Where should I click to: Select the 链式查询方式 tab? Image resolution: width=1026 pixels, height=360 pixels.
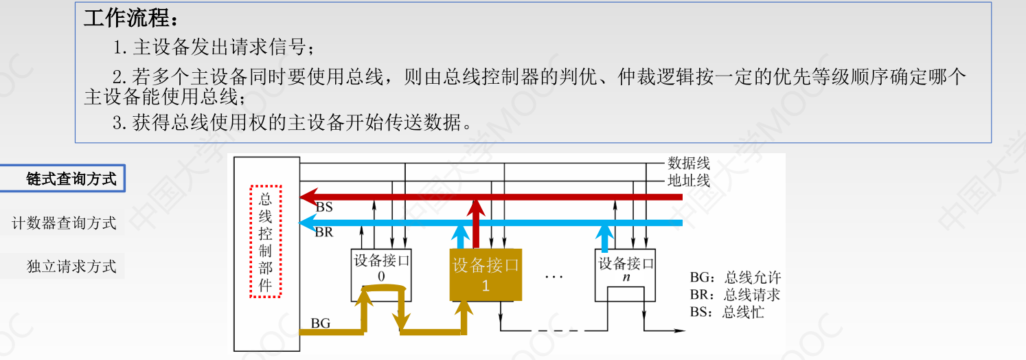click(x=71, y=179)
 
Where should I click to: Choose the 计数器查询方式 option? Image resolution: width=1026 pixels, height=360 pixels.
click(x=65, y=223)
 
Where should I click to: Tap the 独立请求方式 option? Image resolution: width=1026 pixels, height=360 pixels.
click(x=71, y=267)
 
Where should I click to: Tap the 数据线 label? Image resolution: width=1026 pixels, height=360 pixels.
click(x=689, y=164)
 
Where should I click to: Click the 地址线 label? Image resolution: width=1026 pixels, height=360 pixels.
click(x=689, y=181)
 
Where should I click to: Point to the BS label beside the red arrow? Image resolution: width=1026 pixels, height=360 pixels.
click(x=324, y=207)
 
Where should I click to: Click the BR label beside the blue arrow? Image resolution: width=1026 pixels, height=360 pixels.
click(x=324, y=232)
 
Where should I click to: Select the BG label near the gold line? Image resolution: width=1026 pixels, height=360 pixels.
click(x=321, y=322)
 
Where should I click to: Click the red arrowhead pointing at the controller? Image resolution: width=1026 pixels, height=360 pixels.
click(x=309, y=197)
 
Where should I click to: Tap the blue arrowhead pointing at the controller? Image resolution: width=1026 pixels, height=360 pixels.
click(x=309, y=223)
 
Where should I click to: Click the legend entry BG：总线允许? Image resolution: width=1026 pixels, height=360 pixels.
click(x=736, y=278)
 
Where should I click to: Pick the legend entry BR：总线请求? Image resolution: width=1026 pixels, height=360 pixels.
click(x=736, y=295)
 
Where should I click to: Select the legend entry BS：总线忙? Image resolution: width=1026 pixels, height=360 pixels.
click(x=727, y=313)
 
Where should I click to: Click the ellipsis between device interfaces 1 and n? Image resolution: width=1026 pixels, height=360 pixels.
click(x=554, y=277)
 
